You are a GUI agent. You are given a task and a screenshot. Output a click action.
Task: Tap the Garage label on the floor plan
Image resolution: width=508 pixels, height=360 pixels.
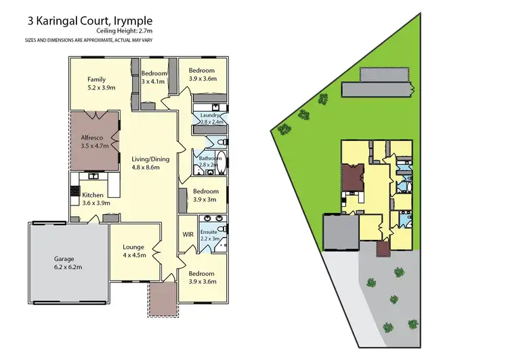click(68, 263)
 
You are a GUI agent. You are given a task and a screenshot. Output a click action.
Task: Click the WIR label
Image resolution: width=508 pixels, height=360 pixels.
click(188, 235)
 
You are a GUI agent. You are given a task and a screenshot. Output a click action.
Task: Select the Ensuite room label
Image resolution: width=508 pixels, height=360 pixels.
click(209, 235)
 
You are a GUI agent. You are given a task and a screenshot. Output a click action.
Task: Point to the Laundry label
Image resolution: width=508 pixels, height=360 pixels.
click(211, 118)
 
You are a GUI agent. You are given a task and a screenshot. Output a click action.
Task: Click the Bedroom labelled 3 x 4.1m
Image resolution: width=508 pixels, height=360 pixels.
click(154, 77)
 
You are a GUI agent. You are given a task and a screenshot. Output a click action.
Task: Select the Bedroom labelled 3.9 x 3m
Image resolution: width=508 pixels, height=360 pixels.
click(205, 195)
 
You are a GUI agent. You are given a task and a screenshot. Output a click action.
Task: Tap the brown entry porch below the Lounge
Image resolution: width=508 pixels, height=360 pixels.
click(163, 299)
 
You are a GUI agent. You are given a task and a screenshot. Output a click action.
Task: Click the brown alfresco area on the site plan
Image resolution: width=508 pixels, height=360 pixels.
click(352, 178)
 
